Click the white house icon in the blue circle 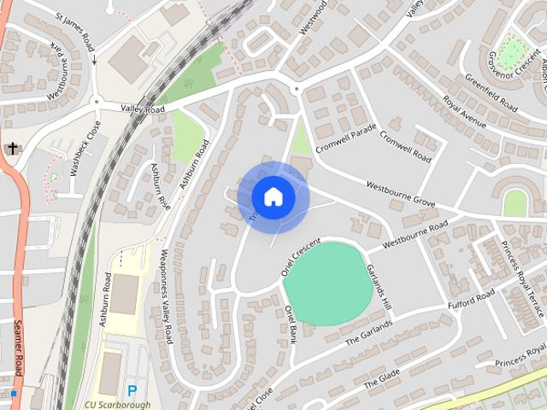273,197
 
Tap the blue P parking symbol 132,390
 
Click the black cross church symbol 12,149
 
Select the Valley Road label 142,109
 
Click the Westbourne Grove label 401,195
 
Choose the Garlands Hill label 379,287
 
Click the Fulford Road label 471,300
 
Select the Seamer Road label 18,346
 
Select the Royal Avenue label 464,113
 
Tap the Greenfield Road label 491,93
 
